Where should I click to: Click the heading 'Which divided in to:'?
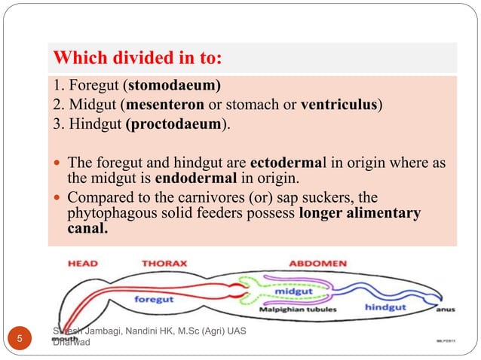click(139, 58)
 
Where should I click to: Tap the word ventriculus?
click(339, 104)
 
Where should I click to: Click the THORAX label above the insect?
click(165, 264)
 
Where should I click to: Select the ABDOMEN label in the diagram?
click(318, 264)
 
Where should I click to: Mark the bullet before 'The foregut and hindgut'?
click(58, 163)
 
